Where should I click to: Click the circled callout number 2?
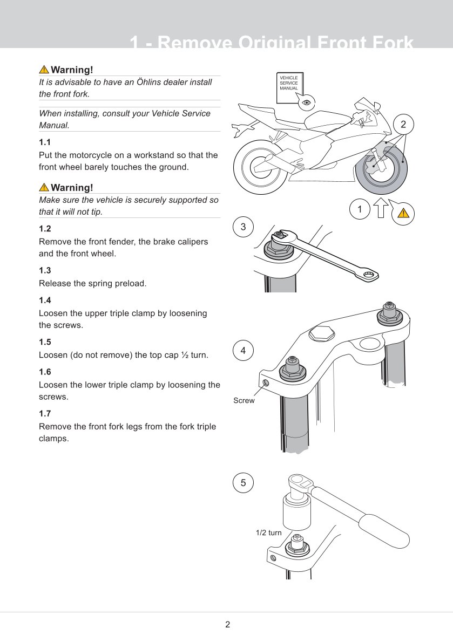pyautogui.click(x=403, y=125)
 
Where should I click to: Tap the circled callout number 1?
pyautogui.click(x=360, y=209)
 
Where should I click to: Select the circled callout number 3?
pyautogui.click(x=244, y=227)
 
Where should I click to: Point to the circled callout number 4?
pyautogui.click(x=244, y=351)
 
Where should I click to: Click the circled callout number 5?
pyautogui.click(x=244, y=483)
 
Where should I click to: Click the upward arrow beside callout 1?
pyautogui.click(x=381, y=208)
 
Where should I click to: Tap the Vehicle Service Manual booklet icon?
pyautogui.click(x=289, y=87)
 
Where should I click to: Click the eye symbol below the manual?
pyautogui.click(x=306, y=102)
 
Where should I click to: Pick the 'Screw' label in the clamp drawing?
pyautogui.click(x=244, y=400)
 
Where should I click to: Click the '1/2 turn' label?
pyautogui.click(x=269, y=532)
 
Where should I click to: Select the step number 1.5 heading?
pyautogui.click(x=45, y=342)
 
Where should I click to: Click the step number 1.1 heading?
pyautogui.click(x=45, y=142)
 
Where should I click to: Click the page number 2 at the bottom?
pyautogui.click(x=228, y=624)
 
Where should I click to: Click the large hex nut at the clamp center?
pyautogui.click(x=322, y=333)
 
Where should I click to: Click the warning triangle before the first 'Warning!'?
pyautogui.click(x=44, y=69)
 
